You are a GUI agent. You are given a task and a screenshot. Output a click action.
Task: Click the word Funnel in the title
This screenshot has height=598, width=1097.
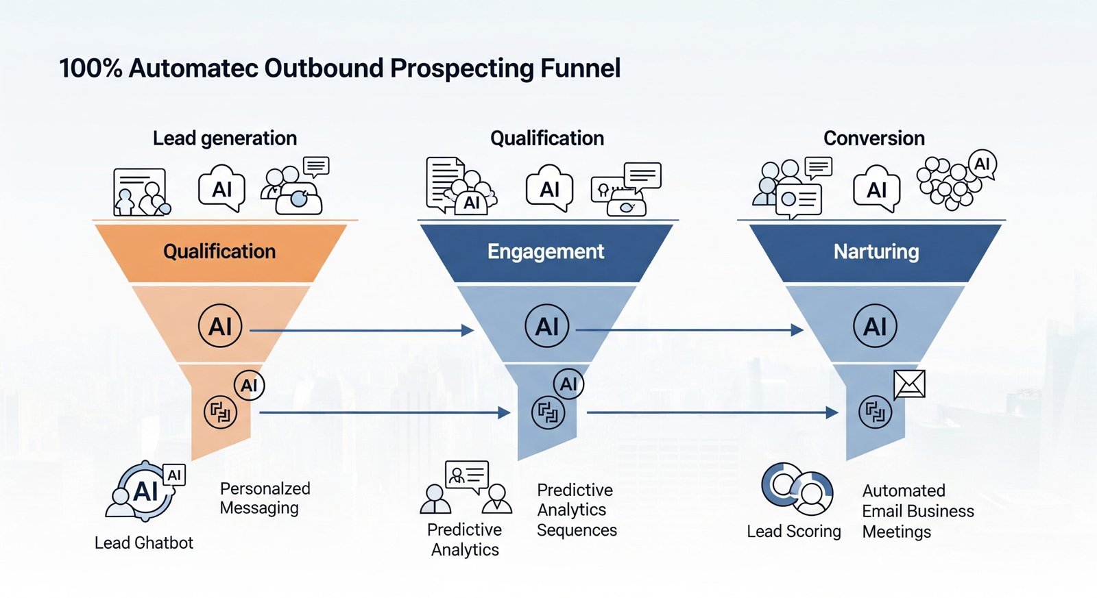click(x=580, y=68)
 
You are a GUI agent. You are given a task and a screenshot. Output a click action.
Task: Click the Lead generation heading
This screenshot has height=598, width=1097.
click(x=225, y=138)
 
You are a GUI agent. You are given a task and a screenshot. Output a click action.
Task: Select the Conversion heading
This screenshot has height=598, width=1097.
click(x=873, y=138)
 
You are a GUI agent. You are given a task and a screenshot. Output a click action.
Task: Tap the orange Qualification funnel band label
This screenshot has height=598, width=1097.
click(x=219, y=251)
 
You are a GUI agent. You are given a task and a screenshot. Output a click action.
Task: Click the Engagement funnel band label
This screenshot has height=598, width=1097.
click(x=546, y=251)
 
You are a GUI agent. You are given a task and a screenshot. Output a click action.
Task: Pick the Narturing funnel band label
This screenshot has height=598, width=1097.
click(x=876, y=251)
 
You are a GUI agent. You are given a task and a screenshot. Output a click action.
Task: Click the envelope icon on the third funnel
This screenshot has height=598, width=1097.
click(x=910, y=384)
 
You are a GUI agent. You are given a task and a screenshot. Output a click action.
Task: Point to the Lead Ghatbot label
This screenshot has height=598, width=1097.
click(x=144, y=543)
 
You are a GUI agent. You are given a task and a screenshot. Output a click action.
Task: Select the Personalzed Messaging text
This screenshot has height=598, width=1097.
click(x=265, y=498)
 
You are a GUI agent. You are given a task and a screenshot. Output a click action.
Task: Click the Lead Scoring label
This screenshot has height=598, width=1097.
click(x=793, y=531)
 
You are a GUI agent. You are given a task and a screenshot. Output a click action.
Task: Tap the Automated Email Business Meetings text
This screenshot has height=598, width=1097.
click(x=917, y=511)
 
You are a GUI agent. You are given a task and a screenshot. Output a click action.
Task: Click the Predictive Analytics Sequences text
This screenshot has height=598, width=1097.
click(x=577, y=510)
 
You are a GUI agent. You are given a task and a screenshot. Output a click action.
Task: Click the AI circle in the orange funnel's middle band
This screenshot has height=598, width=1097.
click(x=220, y=326)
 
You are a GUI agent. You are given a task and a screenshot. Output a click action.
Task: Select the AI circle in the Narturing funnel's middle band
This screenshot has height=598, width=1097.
click(x=876, y=326)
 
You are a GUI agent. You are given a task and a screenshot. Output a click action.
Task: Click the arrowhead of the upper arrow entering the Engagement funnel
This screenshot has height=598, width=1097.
click(x=468, y=331)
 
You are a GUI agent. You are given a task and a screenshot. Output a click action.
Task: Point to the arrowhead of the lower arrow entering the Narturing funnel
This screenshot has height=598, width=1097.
click(x=832, y=412)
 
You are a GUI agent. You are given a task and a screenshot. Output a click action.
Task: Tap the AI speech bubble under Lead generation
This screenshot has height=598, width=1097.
click(x=221, y=188)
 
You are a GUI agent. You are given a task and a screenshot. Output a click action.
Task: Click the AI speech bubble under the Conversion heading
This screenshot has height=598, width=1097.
click(x=876, y=188)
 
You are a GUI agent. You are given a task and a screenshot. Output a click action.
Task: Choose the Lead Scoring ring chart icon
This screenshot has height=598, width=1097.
click(x=797, y=488)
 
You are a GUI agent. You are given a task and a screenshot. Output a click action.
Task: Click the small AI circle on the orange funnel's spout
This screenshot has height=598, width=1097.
click(x=249, y=385)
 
